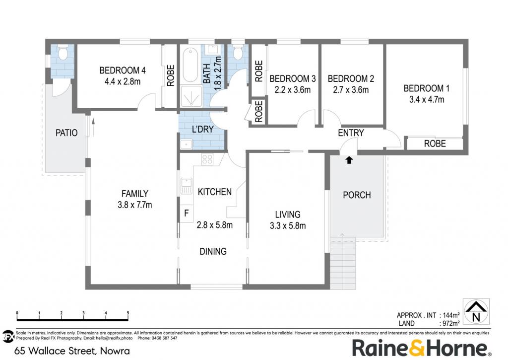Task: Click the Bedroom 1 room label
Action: [426, 88]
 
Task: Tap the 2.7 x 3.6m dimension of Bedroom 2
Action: [351, 89]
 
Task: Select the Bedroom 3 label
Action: [293, 78]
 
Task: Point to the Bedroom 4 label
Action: [123, 70]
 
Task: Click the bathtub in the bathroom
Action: [190, 65]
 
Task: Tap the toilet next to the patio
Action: [62, 53]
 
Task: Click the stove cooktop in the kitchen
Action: [207, 159]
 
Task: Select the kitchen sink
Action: [186, 186]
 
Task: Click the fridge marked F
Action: [187, 214]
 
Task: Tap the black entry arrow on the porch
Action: [349, 160]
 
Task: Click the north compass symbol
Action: [476, 311]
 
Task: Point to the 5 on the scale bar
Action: [128, 313]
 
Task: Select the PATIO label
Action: [66, 133]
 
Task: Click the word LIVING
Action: [288, 215]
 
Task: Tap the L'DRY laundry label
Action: [203, 129]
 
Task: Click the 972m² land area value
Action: [450, 323]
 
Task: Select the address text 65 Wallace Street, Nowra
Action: [72, 351]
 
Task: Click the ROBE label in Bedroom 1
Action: [435, 144]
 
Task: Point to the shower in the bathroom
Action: [191, 96]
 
